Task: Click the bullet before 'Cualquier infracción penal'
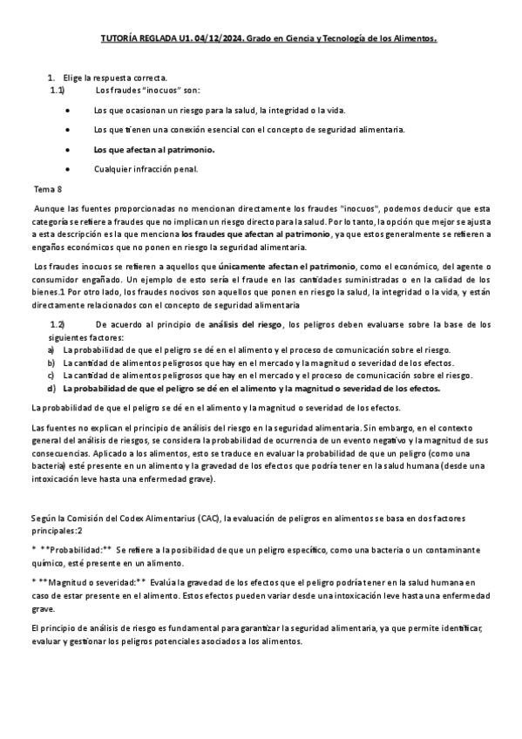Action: [68, 169]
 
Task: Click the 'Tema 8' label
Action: [48, 189]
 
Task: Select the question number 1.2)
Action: [58, 325]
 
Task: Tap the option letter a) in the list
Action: [51, 349]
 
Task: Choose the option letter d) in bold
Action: [51, 388]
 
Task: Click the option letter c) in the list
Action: [51, 375]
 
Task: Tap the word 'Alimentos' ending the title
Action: [410, 39]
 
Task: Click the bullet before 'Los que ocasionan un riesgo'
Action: [68, 111]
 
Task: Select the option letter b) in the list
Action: [51, 363]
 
